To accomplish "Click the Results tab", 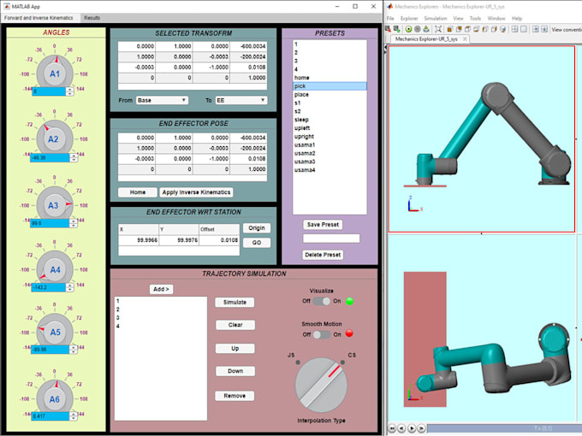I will pyautogui.click(x=92, y=17).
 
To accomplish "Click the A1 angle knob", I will pyautogui.click(x=54, y=74).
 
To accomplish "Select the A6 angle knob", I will pyautogui.click(x=54, y=398).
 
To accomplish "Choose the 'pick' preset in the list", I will pyautogui.click(x=330, y=85).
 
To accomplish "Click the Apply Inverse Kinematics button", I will pyautogui.click(x=198, y=192).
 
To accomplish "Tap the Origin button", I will pyautogui.click(x=256, y=228).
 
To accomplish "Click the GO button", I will pyautogui.click(x=256, y=243).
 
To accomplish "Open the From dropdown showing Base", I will pyautogui.click(x=162, y=100).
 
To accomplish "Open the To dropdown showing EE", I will pyautogui.click(x=241, y=100).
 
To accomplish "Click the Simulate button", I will pyautogui.click(x=235, y=302).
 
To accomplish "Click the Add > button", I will pyautogui.click(x=161, y=289).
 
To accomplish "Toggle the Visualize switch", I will pyautogui.click(x=321, y=301).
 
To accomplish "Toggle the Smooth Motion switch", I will pyautogui.click(x=321, y=334).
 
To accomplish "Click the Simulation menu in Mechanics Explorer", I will pyautogui.click(x=435, y=18).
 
